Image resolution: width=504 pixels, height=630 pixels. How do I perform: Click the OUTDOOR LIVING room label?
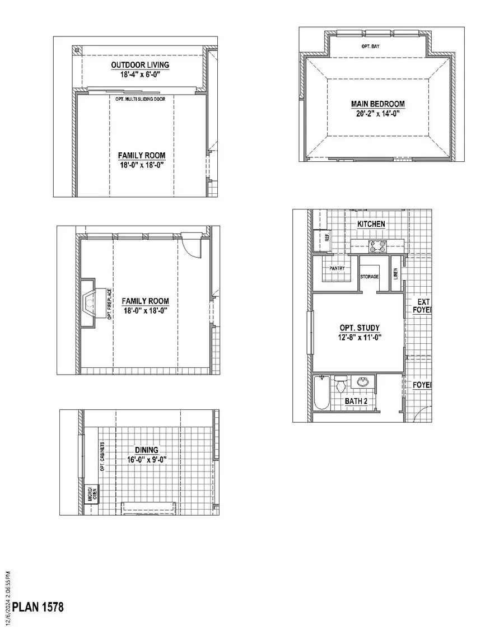pyautogui.click(x=139, y=65)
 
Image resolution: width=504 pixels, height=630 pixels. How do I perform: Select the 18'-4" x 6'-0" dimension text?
pyautogui.click(x=139, y=74)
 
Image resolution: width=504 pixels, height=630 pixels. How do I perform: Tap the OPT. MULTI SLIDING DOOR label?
pyautogui.click(x=144, y=99)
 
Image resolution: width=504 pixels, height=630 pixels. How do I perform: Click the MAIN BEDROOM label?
pyautogui.click(x=377, y=104)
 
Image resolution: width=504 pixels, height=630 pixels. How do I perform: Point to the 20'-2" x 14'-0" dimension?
pyautogui.click(x=377, y=113)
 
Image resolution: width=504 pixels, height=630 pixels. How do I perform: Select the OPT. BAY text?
pyautogui.click(x=370, y=46)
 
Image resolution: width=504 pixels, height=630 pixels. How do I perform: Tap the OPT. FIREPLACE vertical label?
pyautogui.click(x=109, y=304)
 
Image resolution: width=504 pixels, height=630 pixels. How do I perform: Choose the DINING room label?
pyautogui.click(x=146, y=450)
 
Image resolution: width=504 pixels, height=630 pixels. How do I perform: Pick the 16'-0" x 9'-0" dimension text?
pyautogui.click(x=146, y=459)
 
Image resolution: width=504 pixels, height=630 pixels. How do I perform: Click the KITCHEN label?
pyautogui.click(x=371, y=224)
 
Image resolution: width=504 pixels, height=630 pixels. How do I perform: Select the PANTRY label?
pyautogui.click(x=337, y=268)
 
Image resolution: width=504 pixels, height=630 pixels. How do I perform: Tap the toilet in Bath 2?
pyautogui.click(x=341, y=385)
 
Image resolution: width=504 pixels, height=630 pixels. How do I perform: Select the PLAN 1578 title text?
pyautogui.click(x=38, y=607)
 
